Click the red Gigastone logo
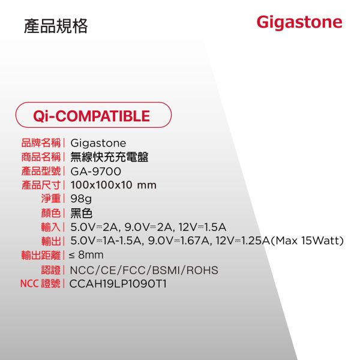point(299,23)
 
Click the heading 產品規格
point(56,26)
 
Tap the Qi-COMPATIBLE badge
point(92,115)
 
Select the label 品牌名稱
point(41,143)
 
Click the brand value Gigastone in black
point(98,143)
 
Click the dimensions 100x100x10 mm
point(113,185)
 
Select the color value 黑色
point(81,213)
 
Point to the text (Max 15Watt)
point(308,241)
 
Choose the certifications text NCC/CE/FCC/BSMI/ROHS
point(144,269)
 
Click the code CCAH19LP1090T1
point(118,283)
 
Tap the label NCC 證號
point(41,283)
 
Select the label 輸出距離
point(41,255)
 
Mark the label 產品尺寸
point(41,185)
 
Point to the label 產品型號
point(41,172)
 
